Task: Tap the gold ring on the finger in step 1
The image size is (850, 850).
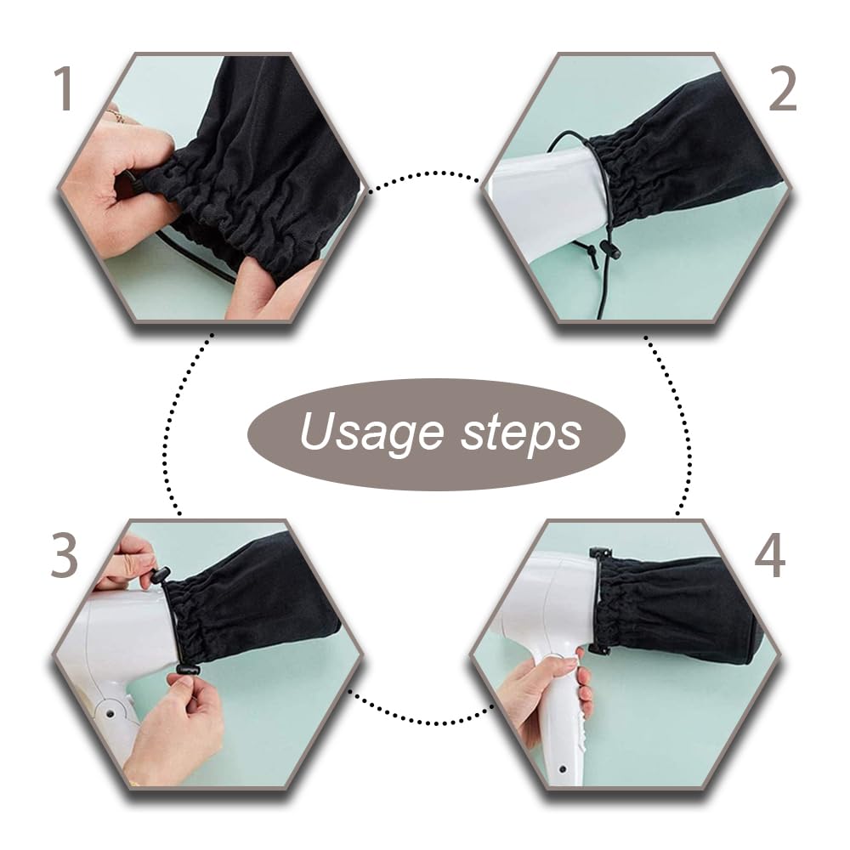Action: pos(115,116)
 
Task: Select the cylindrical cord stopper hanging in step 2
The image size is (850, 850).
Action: pos(609,249)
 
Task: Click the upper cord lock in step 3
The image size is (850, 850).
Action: pos(161,575)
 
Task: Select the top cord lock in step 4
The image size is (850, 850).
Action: pos(602,552)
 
